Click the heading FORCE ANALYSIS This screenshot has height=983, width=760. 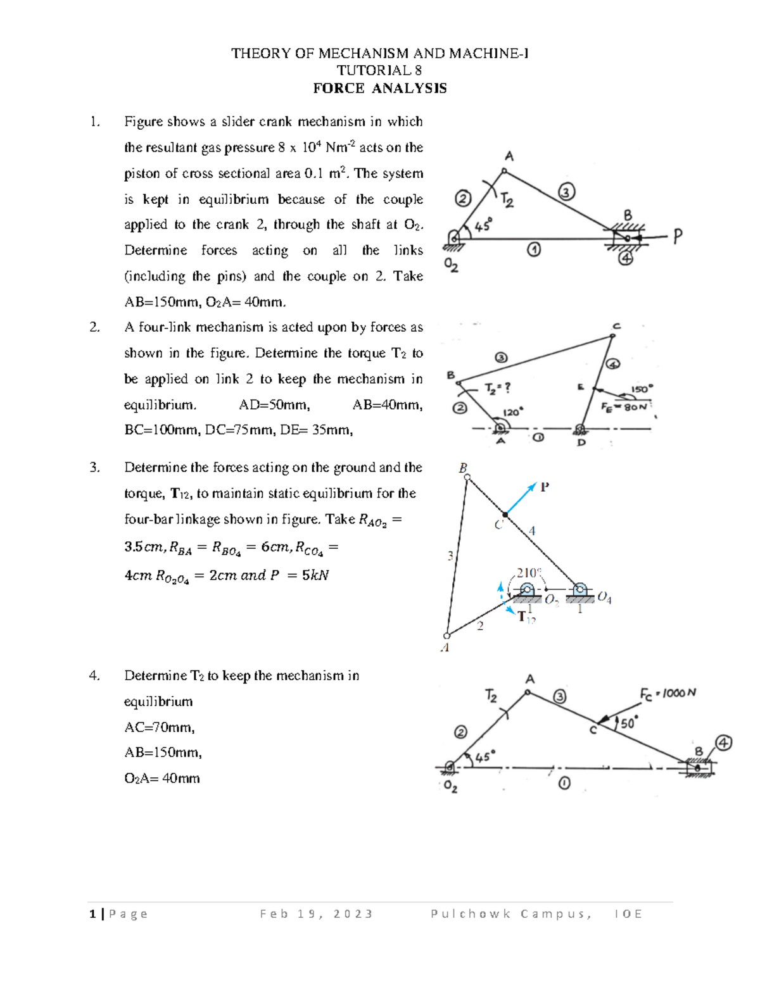point(379,89)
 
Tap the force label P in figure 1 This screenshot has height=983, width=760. point(678,237)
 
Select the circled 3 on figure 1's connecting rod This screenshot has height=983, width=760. point(566,191)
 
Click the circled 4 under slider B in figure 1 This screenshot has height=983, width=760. point(626,258)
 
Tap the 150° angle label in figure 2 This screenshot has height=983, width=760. point(642,389)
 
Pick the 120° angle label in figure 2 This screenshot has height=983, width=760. point(512,412)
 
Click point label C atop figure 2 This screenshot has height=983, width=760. point(616,327)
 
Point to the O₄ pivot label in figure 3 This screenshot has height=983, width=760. point(604,598)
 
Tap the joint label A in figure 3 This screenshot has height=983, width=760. point(445,648)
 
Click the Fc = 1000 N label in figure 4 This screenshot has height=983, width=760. point(668,694)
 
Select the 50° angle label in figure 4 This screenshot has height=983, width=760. point(628,723)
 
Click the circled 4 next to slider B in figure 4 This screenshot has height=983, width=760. point(723,742)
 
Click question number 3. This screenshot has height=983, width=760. point(94,468)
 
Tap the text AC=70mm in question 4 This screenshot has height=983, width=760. point(160,727)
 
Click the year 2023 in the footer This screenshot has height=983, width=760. point(353,913)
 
